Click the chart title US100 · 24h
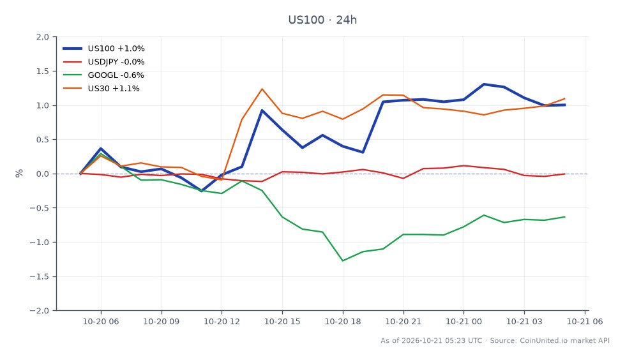(322, 20)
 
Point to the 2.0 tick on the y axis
(43, 37)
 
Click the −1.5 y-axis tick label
(40, 276)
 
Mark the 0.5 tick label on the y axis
(43, 140)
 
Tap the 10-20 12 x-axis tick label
(222, 321)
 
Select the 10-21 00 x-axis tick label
(463, 321)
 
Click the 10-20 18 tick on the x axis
(343, 321)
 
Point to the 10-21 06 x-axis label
(585, 321)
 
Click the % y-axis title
(19, 174)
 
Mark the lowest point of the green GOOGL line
(343, 260)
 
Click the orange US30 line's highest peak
(262, 89)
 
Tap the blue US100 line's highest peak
(484, 84)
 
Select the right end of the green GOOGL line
(565, 217)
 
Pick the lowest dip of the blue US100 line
(202, 191)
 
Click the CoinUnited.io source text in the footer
(544, 340)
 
